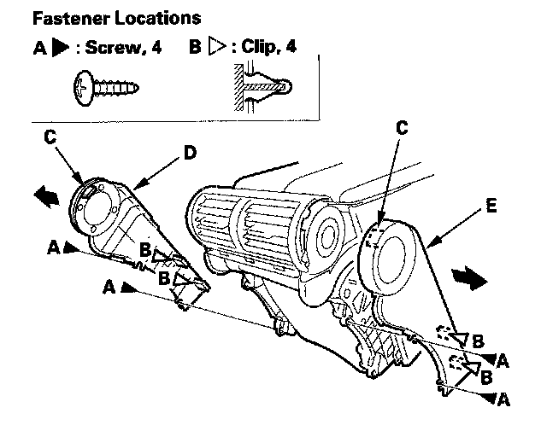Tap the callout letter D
coord(190,153)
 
